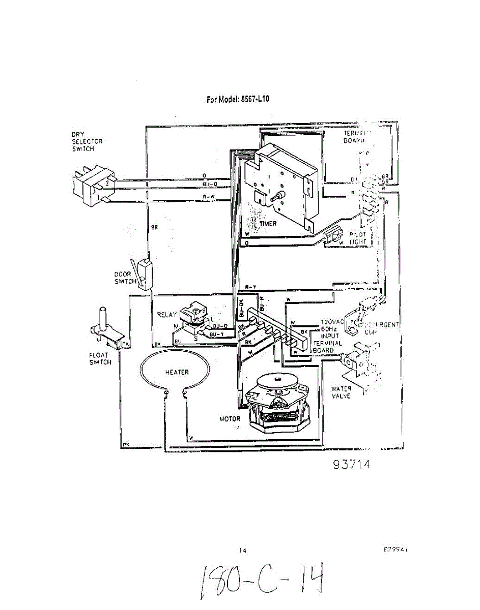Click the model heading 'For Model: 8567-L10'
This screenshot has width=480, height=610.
(x=238, y=99)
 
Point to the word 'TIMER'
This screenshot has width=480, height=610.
(x=268, y=223)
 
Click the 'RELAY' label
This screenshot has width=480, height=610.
(x=167, y=315)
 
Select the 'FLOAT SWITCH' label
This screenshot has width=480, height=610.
(x=100, y=359)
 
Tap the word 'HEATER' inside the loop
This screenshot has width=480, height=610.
(x=177, y=372)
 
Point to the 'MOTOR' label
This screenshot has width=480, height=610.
(x=230, y=419)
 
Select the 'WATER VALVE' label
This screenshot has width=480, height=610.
(x=341, y=392)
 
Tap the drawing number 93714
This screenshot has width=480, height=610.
(x=351, y=465)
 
